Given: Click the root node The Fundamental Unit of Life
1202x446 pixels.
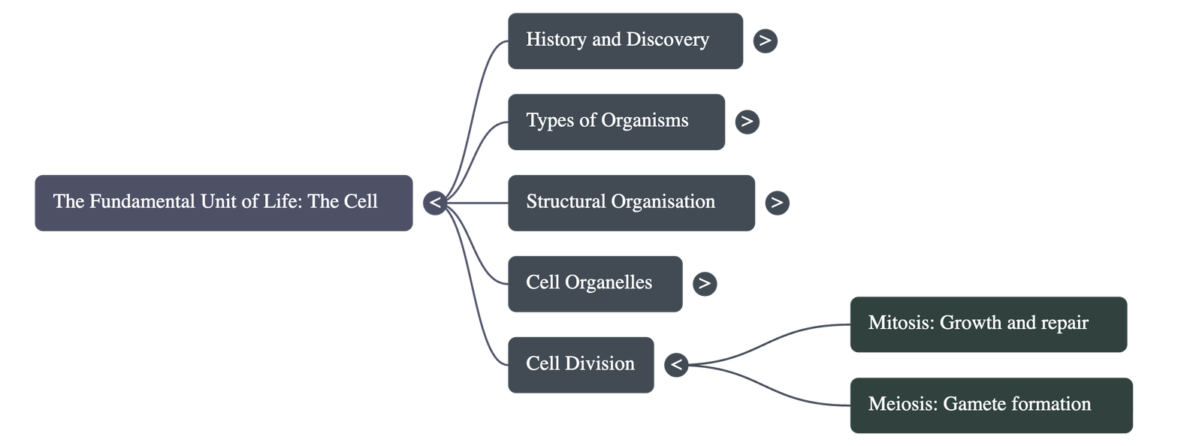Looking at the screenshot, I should [223, 203].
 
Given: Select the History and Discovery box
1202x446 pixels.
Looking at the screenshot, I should [625, 41].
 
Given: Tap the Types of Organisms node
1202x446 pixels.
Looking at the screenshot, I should [616, 122].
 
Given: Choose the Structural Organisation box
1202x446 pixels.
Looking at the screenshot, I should [631, 203].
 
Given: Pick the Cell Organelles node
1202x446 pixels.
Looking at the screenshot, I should [595, 284].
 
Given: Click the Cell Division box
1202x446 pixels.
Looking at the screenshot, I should [580, 365].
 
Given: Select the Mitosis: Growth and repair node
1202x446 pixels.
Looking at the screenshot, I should [988, 324].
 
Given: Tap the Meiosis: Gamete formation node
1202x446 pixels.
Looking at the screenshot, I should [991, 405].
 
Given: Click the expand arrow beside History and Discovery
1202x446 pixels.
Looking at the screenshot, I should [765, 41].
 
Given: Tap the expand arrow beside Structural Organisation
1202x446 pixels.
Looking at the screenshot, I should [777, 203].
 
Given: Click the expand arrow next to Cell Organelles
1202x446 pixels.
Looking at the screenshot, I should [704, 284].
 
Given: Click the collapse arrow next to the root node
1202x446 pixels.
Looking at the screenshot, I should [435, 203].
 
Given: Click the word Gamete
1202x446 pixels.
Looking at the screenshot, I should [974, 405].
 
